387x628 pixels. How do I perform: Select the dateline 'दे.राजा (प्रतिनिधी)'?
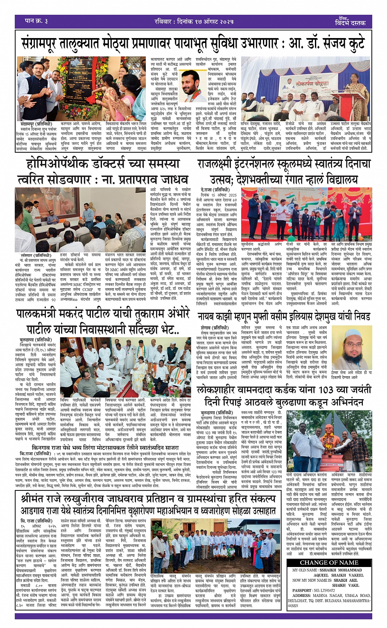(x=216, y=190)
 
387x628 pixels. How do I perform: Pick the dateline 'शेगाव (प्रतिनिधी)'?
(x=214, y=328)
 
